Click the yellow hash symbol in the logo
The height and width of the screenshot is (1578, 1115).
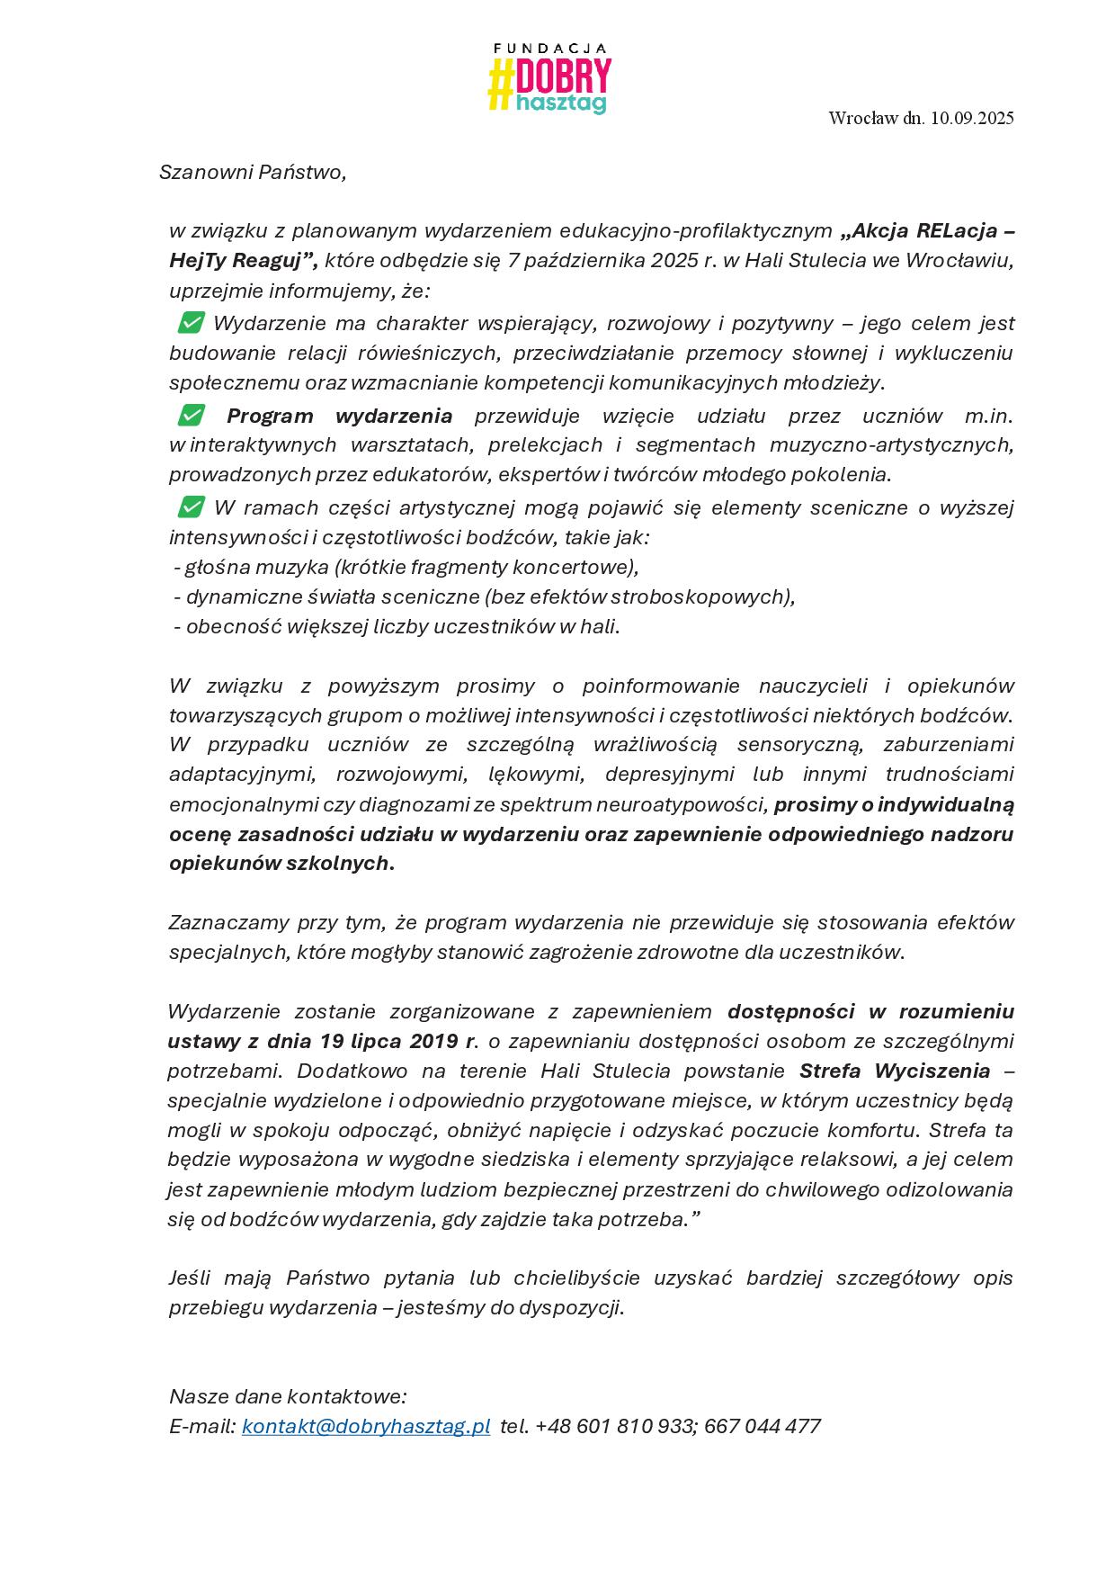[x=500, y=85]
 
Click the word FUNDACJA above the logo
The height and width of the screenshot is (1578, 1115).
[x=551, y=49]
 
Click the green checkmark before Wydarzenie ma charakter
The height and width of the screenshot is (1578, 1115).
[x=191, y=322]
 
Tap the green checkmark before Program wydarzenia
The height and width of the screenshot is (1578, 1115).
[x=191, y=415]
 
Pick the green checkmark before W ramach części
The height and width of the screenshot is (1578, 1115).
[x=191, y=507]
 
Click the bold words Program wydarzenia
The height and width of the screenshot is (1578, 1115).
[x=339, y=416]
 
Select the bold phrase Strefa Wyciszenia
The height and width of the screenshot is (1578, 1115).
[x=895, y=1071]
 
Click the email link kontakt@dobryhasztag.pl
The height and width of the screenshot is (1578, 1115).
[x=366, y=1426]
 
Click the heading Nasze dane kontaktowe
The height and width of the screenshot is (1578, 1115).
[x=288, y=1396]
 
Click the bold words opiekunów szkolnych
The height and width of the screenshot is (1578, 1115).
[x=280, y=864]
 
